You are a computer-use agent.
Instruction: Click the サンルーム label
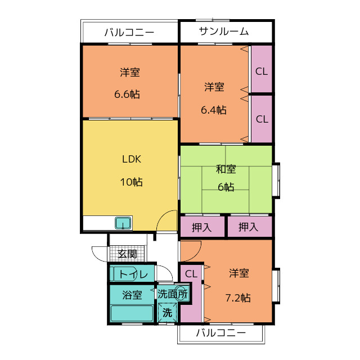223,31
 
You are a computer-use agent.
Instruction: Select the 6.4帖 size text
214,110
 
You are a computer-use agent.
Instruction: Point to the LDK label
132,159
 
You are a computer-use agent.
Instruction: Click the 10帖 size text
130,182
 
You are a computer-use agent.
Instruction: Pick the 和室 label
226,169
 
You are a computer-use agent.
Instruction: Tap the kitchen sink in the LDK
123,223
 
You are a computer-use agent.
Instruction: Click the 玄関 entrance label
128,254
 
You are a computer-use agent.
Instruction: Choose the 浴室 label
132,294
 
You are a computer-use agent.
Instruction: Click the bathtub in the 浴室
132,312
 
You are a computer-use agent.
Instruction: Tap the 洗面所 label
172,294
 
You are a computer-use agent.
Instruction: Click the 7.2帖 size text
238,298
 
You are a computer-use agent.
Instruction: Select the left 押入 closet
201,227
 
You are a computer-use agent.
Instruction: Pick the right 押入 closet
248,227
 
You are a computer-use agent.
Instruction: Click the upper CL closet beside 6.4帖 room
262,71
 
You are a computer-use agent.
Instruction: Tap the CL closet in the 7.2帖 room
191,274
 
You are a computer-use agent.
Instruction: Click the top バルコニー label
129,32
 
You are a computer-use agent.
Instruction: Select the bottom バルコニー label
221,332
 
